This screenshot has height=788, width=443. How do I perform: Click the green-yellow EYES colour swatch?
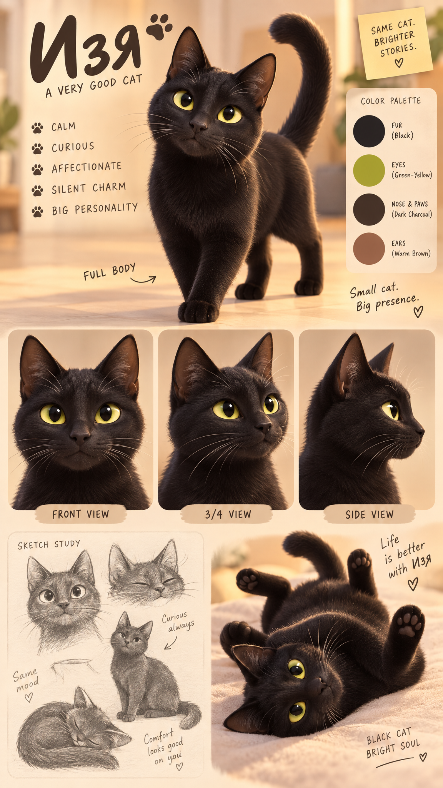tap(369, 170)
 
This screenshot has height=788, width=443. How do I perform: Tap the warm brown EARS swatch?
tap(369, 249)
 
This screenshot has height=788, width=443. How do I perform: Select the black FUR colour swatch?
tap(369, 131)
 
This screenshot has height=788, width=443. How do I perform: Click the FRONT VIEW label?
tap(81, 514)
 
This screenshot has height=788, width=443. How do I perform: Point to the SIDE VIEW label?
tap(370, 514)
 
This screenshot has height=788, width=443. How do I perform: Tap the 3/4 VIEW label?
tap(228, 514)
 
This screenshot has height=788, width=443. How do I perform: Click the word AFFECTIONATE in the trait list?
tap(87, 167)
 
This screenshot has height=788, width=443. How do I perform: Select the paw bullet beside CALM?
tap(37, 128)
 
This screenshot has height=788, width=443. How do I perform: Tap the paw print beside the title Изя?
tap(159, 27)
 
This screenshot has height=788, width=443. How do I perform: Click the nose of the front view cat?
tap(80, 436)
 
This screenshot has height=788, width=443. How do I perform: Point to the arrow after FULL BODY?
tap(143, 280)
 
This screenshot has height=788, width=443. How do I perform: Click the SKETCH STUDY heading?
tap(49, 544)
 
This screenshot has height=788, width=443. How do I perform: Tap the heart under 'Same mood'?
tap(28, 697)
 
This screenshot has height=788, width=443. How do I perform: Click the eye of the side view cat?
tap(391, 410)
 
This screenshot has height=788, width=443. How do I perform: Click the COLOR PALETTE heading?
tap(391, 101)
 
